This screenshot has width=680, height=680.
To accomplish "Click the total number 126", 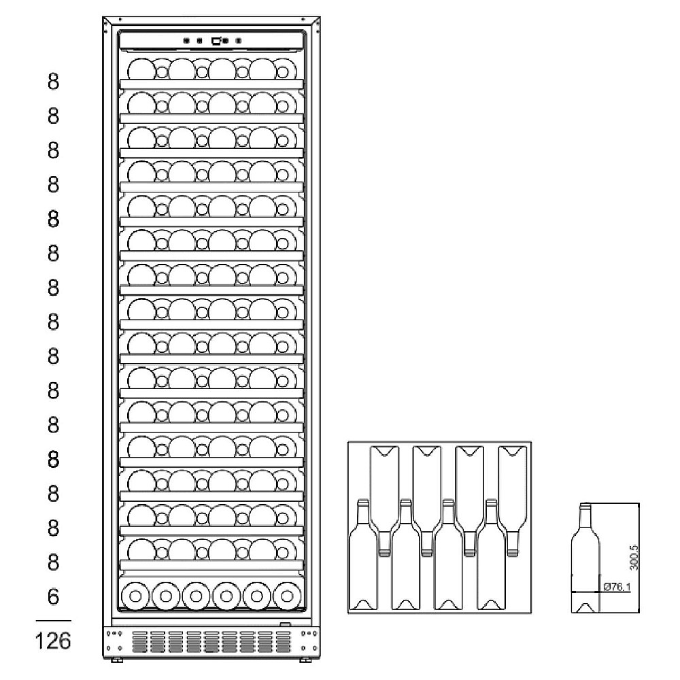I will click(x=54, y=640).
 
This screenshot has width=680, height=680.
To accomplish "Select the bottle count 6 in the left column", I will click(x=54, y=597).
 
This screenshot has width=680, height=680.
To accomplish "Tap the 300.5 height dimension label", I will click(x=633, y=556).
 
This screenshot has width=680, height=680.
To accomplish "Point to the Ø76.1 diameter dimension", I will click(x=616, y=586).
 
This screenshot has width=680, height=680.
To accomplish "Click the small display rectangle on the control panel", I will click(x=216, y=41).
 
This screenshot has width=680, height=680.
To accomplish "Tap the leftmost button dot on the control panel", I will click(x=186, y=41).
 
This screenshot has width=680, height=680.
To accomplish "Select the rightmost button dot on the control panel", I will click(x=238, y=41).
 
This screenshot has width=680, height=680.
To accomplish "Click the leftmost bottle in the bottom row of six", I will click(x=135, y=596).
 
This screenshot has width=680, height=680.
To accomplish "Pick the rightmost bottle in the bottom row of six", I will click(x=286, y=596).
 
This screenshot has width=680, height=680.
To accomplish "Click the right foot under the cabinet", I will click(x=302, y=658).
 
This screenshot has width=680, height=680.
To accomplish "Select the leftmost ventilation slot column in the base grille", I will click(x=139, y=641).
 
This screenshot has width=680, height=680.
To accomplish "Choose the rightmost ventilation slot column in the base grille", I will click(x=282, y=641).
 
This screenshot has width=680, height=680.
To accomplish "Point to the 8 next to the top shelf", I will click(x=54, y=82).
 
